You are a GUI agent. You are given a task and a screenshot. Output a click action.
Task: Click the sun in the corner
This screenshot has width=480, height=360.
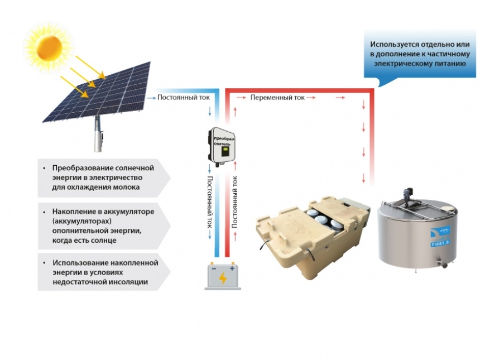(x=49, y=47)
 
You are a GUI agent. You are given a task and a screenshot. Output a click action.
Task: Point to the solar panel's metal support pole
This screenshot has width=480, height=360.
(x=99, y=134)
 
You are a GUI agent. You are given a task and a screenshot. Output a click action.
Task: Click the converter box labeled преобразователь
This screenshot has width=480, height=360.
(x=222, y=147)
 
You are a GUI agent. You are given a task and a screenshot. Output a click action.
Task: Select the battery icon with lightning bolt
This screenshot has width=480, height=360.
(x=223, y=276)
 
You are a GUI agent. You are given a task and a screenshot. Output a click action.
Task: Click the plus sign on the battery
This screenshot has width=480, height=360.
(x=232, y=268)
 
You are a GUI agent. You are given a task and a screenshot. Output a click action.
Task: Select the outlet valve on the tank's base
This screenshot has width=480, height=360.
(x=443, y=263)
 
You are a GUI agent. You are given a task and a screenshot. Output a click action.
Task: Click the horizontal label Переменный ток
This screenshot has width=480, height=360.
(x=277, y=98)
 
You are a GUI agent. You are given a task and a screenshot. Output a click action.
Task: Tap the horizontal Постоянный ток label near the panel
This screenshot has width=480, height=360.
(x=184, y=98)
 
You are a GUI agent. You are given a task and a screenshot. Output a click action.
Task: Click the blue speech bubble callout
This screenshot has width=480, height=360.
(x=420, y=56)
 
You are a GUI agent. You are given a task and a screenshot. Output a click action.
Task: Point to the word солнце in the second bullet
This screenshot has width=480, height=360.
(x=102, y=241)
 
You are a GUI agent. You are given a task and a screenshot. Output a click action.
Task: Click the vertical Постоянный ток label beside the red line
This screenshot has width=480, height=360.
(x=234, y=201)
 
